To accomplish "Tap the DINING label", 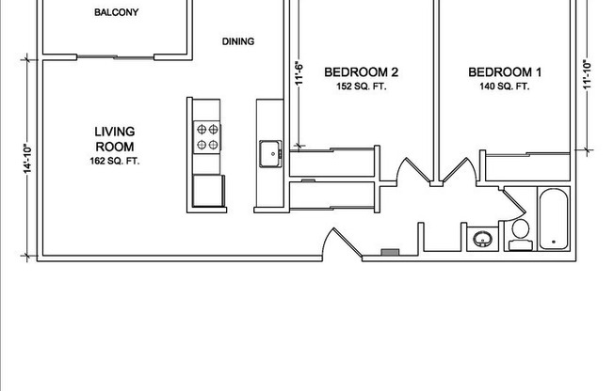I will click(238, 41).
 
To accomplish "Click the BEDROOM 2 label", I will click(362, 72).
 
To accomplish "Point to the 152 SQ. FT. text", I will click(362, 86).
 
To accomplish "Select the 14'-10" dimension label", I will click(28, 157).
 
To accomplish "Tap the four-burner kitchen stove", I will click(207, 136).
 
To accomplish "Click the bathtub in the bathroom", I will click(554, 220).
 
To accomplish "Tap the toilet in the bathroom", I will click(519, 235).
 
